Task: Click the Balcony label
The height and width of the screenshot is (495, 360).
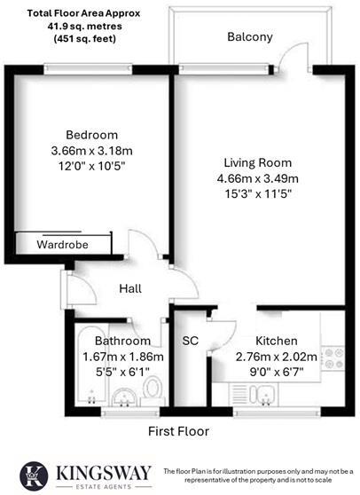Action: click(249, 37)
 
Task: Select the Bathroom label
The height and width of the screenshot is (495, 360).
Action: click(124, 341)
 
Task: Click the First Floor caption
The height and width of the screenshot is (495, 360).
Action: click(178, 432)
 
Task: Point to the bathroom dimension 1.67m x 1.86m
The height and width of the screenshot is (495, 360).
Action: click(124, 356)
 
